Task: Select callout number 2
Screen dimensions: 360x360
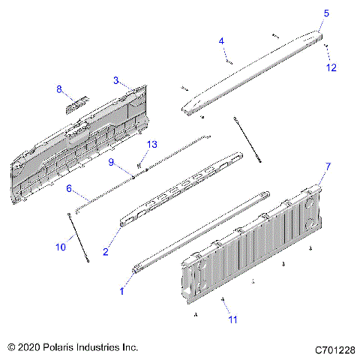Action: (106, 252)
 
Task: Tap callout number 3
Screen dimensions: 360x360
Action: (116, 79)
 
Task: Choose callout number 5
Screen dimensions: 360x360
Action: (326, 13)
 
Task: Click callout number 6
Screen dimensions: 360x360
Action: (69, 188)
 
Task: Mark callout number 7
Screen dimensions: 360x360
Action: (327, 165)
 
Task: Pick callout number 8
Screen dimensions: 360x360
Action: (59, 89)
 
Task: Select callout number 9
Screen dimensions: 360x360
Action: (111, 162)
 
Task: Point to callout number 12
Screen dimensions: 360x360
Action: (332, 67)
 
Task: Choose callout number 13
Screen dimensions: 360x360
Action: (151, 144)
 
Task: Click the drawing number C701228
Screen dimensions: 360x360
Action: (334, 349)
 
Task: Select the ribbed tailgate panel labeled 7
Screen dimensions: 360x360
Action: (255, 247)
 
